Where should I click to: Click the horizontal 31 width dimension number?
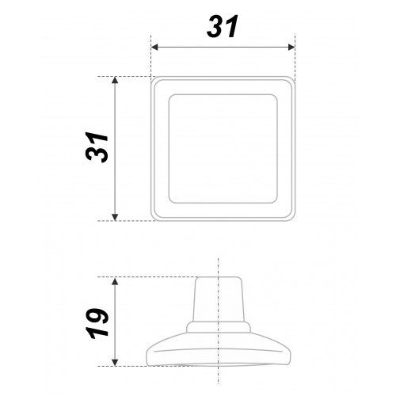223,26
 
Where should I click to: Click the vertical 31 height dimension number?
97,147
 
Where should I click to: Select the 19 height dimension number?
97,323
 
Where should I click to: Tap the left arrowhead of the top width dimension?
154,48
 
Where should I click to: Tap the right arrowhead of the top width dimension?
291,48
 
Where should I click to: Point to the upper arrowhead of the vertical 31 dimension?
115,80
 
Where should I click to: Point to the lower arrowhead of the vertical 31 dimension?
115,217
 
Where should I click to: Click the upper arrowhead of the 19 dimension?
115,281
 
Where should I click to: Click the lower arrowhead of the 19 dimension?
115,363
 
